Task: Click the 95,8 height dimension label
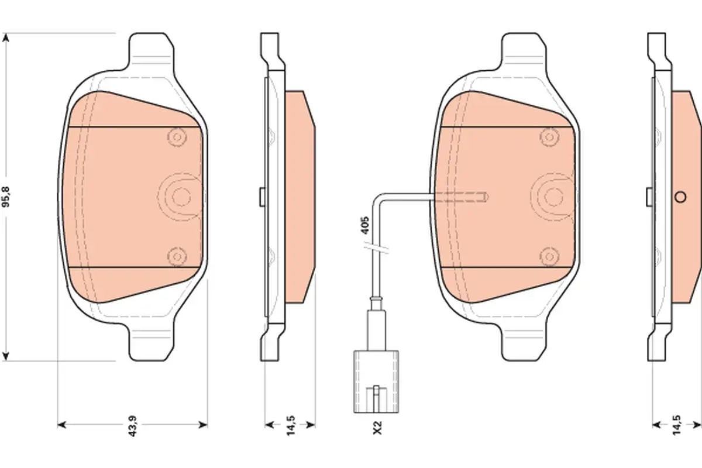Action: click(6, 197)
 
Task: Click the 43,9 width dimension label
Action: click(133, 426)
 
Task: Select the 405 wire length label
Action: click(365, 225)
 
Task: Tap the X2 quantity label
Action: click(378, 428)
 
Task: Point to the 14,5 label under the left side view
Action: click(291, 425)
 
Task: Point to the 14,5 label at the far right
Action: click(677, 425)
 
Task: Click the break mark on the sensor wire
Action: click(376, 247)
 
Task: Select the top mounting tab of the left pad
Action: click(152, 50)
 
